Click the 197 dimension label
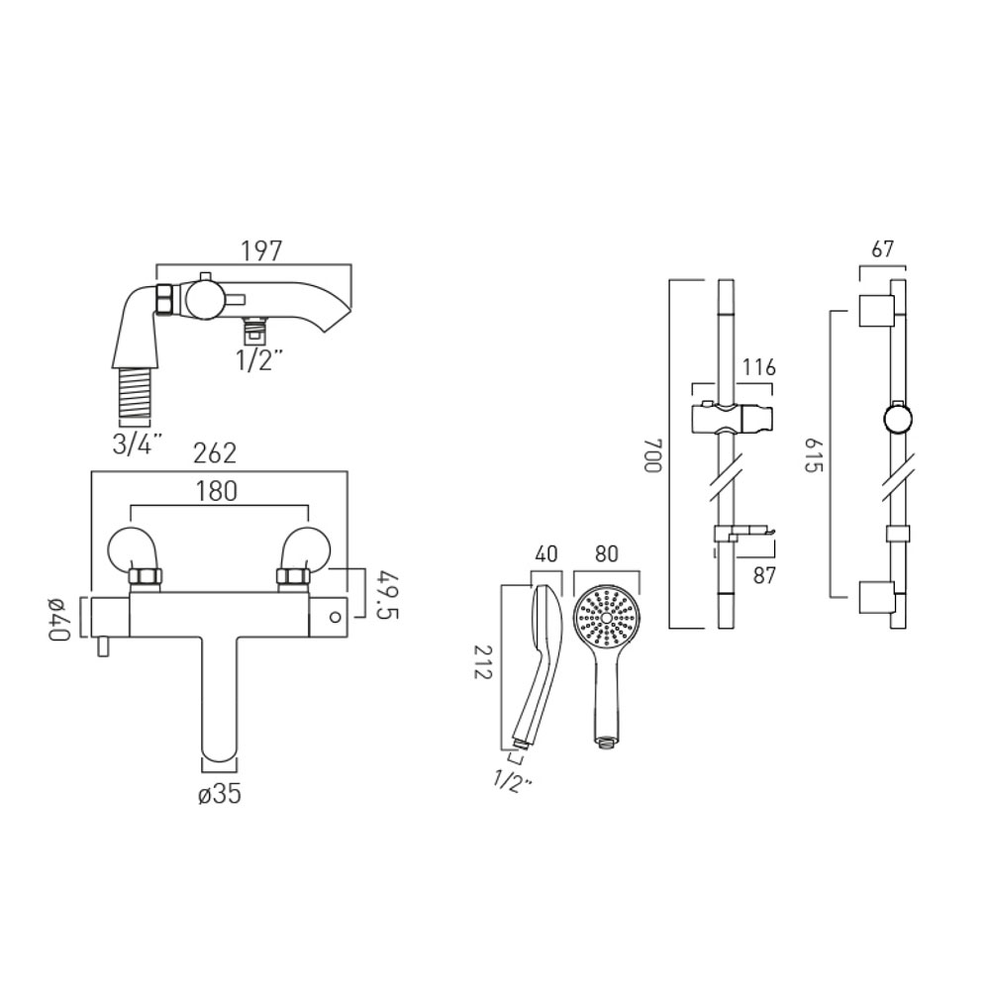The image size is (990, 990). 261,251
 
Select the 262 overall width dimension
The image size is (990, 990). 215,453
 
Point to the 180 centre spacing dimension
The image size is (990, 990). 217,491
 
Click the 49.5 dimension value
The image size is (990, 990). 387,595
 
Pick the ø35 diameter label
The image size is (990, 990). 220,794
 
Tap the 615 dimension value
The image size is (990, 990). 814,454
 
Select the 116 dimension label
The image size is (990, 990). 758,367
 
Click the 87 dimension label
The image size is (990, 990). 763,576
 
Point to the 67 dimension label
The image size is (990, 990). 883,249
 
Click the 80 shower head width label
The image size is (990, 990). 606,553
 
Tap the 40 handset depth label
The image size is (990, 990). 546,553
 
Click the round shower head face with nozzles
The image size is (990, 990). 607,617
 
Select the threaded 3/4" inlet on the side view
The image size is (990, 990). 134,391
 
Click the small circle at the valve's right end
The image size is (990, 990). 336,616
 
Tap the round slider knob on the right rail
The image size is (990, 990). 897,420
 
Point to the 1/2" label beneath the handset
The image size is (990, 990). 513,783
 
